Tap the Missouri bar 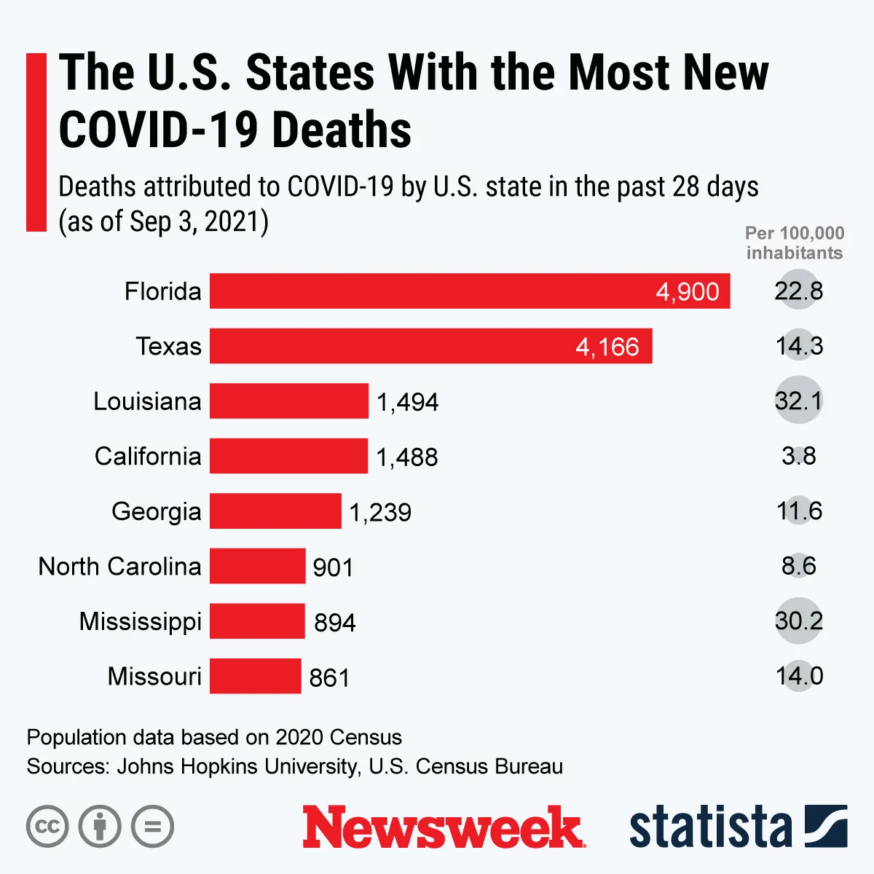pyautogui.click(x=255, y=676)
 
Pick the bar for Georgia pyautogui.click(x=275, y=511)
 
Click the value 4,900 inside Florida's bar pyautogui.click(x=687, y=292)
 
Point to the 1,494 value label pyautogui.click(x=407, y=402)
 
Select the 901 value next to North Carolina pyautogui.click(x=333, y=567)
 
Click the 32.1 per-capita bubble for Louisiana pyautogui.click(x=798, y=401)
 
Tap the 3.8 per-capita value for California pyautogui.click(x=798, y=456)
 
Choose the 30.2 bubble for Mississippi pyautogui.click(x=798, y=621)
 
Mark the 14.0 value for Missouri pyautogui.click(x=799, y=676)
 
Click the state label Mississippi pyautogui.click(x=140, y=622)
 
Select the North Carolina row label pyautogui.click(x=119, y=566)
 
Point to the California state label pyautogui.click(x=148, y=456)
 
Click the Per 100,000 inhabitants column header pyautogui.click(x=794, y=243)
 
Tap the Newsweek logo pyautogui.click(x=443, y=827)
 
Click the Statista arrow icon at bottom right pyautogui.click(x=826, y=827)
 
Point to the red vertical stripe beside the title pyautogui.click(x=36, y=142)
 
